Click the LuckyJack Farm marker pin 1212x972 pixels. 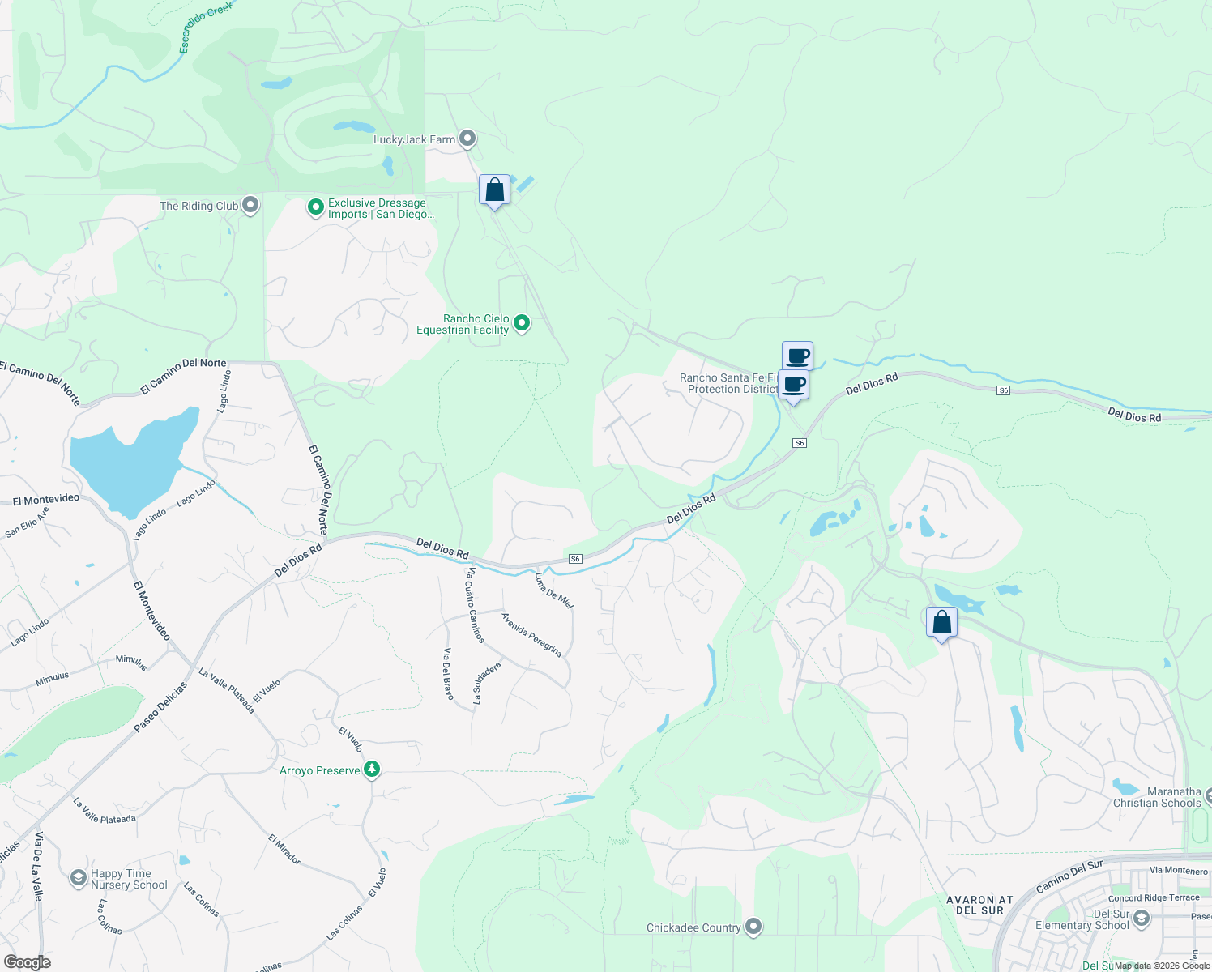(467, 139)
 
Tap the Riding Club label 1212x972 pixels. (199, 206)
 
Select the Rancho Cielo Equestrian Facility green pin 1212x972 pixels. (522, 323)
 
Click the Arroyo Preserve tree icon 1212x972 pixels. (372, 769)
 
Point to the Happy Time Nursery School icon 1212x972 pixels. (78, 878)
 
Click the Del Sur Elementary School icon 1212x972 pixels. (1142, 918)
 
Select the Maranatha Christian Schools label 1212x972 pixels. (1157, 797)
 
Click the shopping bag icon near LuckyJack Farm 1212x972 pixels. (494, 190)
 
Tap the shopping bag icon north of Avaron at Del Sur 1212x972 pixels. (941, 623)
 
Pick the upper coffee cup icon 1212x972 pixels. (798, 356)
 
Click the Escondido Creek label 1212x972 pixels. (206, 27)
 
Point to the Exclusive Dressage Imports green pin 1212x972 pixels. (316, 208)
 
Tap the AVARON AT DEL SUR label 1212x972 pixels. (979, 905)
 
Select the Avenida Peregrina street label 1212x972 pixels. (531, 634)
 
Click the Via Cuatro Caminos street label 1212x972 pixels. (475, 605)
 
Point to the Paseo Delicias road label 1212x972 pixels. (160, 707)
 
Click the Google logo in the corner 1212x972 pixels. (27, 961)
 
